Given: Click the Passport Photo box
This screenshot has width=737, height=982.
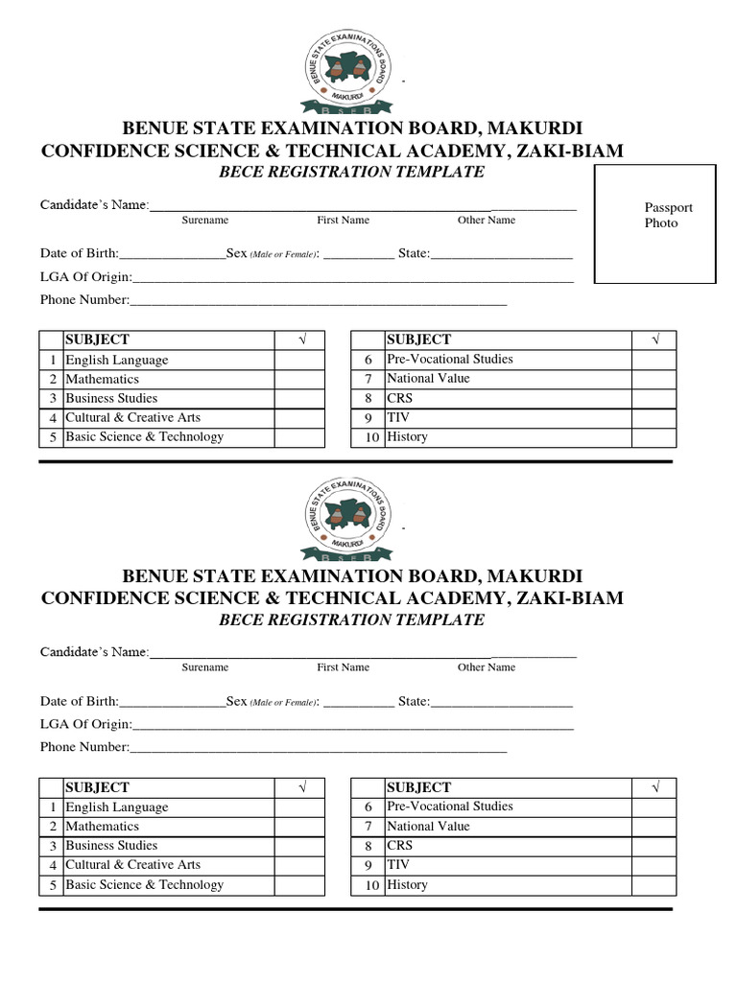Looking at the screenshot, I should pos(655,223).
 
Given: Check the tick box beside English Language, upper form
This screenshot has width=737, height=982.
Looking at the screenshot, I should pos(299,360).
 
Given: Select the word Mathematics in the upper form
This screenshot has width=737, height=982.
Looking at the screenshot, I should pos(102,379).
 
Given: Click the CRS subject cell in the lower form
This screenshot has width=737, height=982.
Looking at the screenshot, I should pos(399,845).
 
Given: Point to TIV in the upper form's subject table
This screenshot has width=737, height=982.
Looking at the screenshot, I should pos(397,417).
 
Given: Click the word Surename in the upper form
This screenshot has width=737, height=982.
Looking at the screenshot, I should pos(205,221).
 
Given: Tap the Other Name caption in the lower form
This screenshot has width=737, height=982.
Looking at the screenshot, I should pos(486,667).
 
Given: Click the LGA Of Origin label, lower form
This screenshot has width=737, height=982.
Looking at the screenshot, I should pos(85,724).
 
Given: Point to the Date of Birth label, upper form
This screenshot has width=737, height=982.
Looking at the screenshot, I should pos(79,253).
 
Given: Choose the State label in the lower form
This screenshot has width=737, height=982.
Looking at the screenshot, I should pos(414,701).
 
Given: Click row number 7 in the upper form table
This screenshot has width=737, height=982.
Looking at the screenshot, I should pos(368,379).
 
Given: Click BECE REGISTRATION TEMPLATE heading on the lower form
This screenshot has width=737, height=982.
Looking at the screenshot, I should pos(352,620).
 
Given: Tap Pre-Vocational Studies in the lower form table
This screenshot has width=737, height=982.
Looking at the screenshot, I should pos(449,807).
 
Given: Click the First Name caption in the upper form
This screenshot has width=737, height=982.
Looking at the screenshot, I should pos(343,221).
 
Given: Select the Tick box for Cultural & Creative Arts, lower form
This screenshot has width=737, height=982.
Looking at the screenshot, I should pos(299,865).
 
